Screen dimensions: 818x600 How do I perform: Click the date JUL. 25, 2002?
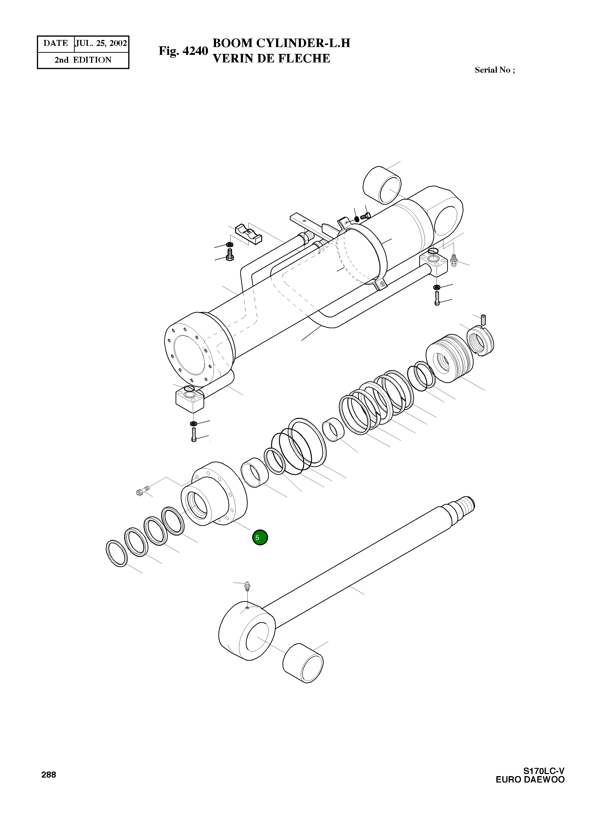click(101, 44)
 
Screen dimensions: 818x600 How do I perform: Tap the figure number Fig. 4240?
click(183, 51)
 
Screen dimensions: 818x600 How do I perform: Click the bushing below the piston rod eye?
click(303, 664)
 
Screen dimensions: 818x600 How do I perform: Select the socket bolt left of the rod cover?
click(143, 491)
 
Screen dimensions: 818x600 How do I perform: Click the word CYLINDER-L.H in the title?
click(303, 43)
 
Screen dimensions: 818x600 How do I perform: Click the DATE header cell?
click(56, 44)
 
